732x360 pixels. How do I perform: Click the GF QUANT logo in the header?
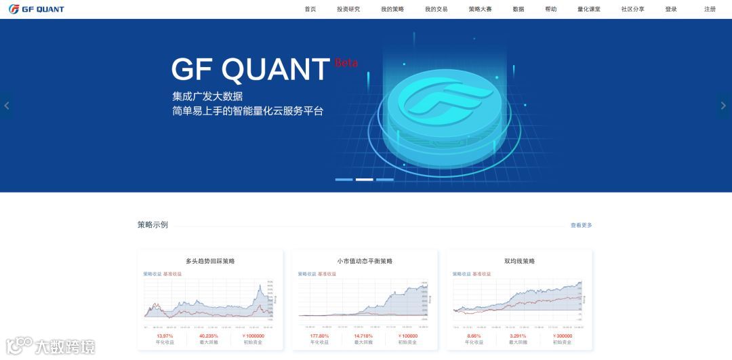click(x=37, y=9)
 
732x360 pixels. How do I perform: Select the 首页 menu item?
click(x=310, y=9)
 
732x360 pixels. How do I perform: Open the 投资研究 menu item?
click(x=348, y=9)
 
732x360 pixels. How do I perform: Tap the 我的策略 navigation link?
click(x=392, y=9)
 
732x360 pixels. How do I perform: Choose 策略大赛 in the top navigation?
click(x=480, y=9)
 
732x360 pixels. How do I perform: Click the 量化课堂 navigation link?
click(x=589, y=9)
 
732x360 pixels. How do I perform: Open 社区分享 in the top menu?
click(x=633, y=9)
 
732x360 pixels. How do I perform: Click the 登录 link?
click(x=671, y=9)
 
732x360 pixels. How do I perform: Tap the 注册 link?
click(x=710, y=9)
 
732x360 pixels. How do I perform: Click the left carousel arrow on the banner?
click(x=7, y=106)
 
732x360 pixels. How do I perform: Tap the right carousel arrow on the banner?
click(x=723, y=106)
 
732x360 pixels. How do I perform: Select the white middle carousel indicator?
click(x=365, y=180)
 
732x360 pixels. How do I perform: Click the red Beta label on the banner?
click(x=346, y=63)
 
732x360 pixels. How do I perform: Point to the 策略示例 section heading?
click(x=152, y=225)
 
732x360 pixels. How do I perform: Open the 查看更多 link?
click(x=581, y=225)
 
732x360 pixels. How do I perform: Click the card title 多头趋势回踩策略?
click(x=210, y=261)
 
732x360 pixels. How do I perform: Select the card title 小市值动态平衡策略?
click(x=365, y=261)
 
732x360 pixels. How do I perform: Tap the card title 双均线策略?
click(x=519, y=261)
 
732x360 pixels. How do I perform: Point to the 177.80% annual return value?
click(x=319, y=336)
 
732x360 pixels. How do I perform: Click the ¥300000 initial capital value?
click(x=562, y=336)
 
